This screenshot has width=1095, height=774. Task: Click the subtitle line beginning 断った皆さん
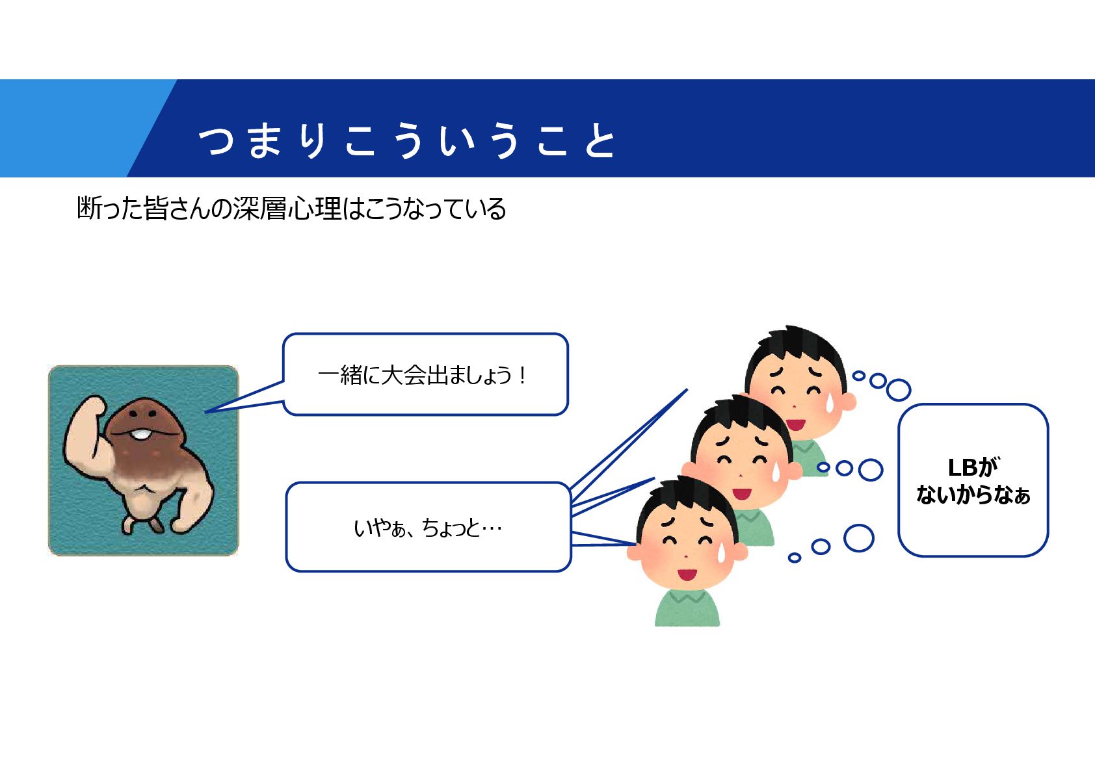coord(291,209)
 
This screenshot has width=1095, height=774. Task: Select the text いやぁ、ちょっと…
coord(428,527)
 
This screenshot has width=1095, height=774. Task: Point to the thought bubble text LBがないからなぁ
coord(973,481)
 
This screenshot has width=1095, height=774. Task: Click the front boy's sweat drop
coord(721,552)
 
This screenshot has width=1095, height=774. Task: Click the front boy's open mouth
coord(687,575)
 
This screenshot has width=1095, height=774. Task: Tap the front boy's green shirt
coord(687,609)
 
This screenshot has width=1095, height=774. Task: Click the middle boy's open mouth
coord(742,493)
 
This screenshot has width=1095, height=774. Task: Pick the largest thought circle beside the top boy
coord(898,390)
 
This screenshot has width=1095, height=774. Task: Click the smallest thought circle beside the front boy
coord(794,558)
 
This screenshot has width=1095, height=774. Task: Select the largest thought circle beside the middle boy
coord(870,470)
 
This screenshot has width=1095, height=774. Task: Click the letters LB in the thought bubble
coord(962,467)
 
